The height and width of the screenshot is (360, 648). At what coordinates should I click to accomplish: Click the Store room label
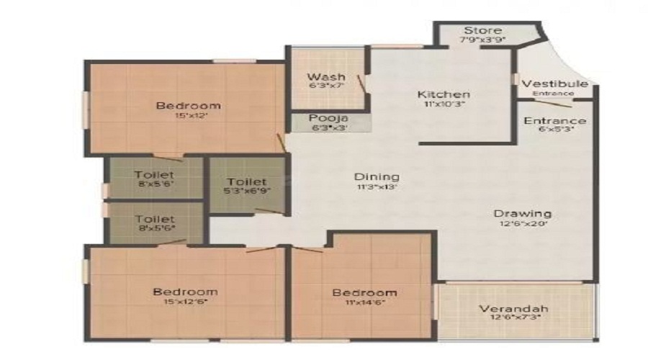pyautogui.click(x=483, y=31)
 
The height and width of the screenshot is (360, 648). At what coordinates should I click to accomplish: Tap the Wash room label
pyautogui.click(x=326, y=77)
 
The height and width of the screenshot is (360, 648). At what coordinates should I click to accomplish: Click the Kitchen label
pyautogui.click(x=444, y=94)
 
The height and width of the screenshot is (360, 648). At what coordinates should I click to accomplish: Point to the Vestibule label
pyautogui.click(x=554, y=84)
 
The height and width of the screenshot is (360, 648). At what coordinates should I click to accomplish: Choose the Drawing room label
pyautogui.click(x=523, y=213)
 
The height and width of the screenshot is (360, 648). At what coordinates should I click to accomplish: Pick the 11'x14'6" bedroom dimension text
pyautogui.click(x=364, y=302)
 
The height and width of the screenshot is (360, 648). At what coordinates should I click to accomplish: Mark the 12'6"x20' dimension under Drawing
pyautogui.click(x=523, y=224)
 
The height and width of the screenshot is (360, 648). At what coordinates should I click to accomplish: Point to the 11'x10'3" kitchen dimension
pyautogui.click(x=444, y=104)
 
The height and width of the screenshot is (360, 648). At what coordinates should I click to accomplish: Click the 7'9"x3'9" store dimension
pyautogui.click(x=482, y=40)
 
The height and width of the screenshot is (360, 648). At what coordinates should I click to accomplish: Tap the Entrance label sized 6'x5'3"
pyautogui.click(x=554, y=120)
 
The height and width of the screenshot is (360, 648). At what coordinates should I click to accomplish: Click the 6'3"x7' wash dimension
pyautogui.click(x=326, y=86)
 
